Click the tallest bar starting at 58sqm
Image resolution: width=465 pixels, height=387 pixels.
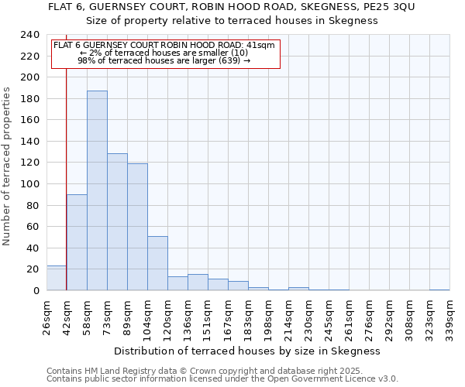pos(97,190)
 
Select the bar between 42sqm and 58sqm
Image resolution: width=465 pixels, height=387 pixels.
pos(77,242)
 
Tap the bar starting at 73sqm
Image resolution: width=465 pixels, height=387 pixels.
pos(117,222)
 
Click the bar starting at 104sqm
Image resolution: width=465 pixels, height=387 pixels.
pos(157,263)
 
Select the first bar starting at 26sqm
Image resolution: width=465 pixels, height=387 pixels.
pos(57,278)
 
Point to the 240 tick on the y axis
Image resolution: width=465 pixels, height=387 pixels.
pos(29,35)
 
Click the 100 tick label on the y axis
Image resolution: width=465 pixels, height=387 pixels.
pos(29,77)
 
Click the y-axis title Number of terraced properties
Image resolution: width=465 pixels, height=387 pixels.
pos(8,166)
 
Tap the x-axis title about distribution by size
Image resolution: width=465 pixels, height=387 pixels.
pos(252,351)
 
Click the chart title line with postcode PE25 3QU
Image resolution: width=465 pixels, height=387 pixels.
pos(232,7)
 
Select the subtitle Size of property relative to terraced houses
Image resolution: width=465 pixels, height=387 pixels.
pos(232,21)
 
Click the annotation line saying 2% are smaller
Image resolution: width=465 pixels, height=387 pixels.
pos(164,52)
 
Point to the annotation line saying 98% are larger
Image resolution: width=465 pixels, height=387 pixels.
pos(164,60)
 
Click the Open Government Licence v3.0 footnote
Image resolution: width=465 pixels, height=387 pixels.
pos(222,379)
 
